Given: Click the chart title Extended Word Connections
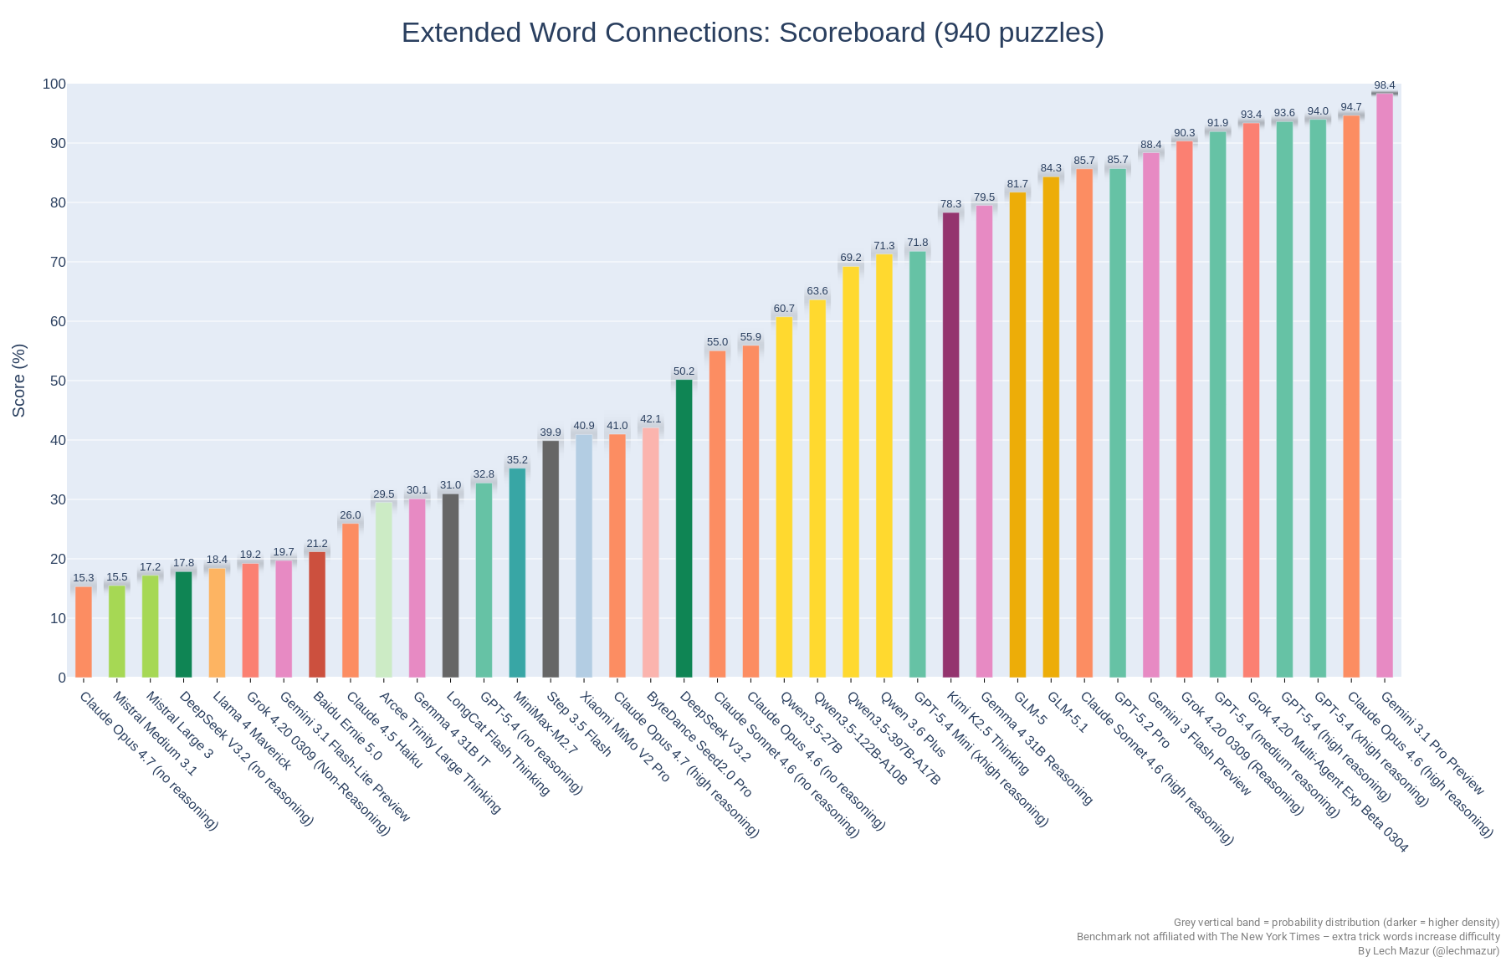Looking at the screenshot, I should (x=752, y=33).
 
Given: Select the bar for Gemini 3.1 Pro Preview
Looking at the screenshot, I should (x=1385, y=385).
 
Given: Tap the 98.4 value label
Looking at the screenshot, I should (x=1385, y=85).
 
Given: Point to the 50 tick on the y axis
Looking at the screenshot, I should (x=58, y=381).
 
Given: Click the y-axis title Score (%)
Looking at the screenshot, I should (x=19, y=381).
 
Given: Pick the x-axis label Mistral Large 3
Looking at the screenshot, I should (x=179, y=724).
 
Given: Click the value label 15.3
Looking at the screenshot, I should (x=84, y=578).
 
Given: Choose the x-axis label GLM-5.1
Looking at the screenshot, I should (x=1067, y=712).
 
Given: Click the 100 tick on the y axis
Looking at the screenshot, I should (x=54, y=84).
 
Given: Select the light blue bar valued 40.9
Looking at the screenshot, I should (x=584, y=556).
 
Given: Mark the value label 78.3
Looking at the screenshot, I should (x=950, y=204).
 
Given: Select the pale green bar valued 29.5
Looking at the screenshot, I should (x=384, y=590).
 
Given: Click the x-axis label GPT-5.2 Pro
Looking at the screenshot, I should (x=1141, y=719).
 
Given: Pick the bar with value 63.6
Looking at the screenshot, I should (x=817, y=489).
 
